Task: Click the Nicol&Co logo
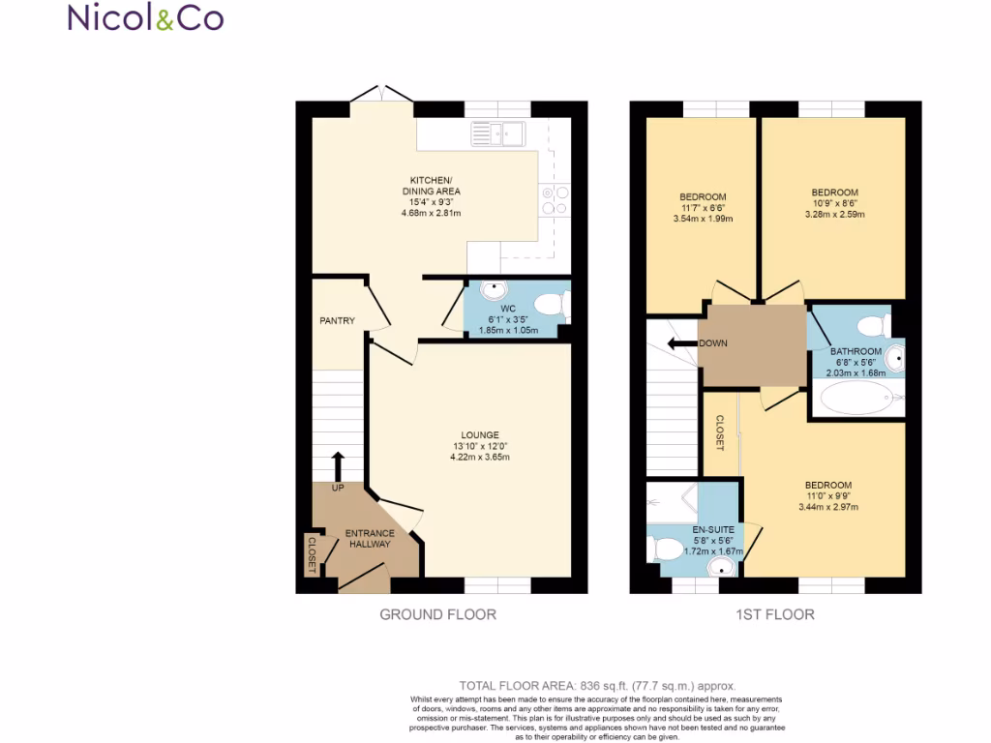coord(145,17)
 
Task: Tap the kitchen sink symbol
coord(496,134)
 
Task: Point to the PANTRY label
coord(338,321)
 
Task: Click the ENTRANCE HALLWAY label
coord(371,539)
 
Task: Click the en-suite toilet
coord(670,549)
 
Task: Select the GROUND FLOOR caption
coord(437,614)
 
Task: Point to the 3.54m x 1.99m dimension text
coord(703,219)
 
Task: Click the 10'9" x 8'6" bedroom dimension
coord(834,203)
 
